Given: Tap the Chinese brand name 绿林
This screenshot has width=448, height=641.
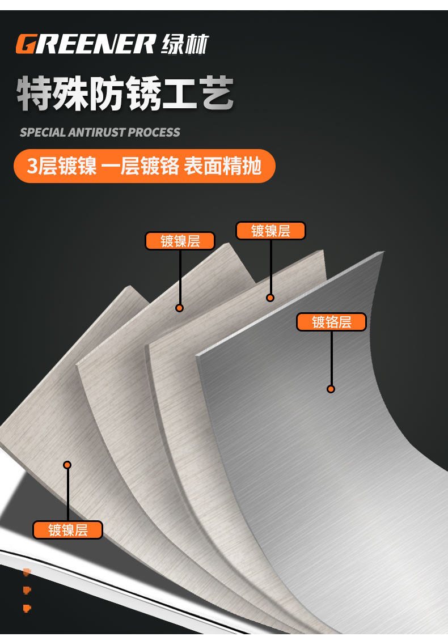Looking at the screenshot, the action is point(185,44).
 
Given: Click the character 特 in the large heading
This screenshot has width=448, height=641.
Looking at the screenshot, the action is point(35,93).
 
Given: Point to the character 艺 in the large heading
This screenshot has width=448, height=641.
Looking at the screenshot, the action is point(217,93).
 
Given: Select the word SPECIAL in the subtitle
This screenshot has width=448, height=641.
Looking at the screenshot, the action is point(43,133).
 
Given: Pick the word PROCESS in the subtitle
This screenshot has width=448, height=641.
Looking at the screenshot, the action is point(154,133).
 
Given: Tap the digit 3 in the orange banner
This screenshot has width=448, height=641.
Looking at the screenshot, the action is point(32,166).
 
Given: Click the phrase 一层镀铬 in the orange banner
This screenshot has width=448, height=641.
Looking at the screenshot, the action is point(140,166).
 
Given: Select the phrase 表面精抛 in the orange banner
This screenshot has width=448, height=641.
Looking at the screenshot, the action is point(222,166).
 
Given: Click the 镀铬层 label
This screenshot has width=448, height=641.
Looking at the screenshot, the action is point(331,322).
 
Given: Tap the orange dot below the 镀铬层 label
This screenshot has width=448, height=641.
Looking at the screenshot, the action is point(331,389).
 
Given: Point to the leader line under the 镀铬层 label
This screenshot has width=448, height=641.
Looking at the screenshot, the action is point(331,358).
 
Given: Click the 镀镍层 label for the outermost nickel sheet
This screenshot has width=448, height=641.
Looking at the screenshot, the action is point(67,530).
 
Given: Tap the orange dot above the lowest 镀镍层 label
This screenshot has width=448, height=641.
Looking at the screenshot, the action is point(67,465).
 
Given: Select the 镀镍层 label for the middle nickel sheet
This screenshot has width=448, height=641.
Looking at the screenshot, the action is point(180,241).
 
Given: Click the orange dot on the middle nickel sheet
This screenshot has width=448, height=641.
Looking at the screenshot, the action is point(179,308).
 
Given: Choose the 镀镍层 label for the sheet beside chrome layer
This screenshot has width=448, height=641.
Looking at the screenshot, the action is point(271,231).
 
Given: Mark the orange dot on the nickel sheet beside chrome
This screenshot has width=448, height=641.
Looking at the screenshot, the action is point(270,298).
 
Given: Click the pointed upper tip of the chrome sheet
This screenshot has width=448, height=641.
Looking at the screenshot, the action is point(383,252).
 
